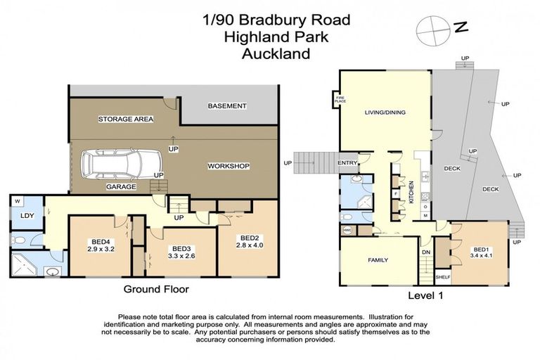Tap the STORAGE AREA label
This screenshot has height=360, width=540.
click(x=125, y=119)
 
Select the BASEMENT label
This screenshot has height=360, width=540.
click(x=227, y=106)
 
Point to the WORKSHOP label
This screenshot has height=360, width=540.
click(x=229, y=166)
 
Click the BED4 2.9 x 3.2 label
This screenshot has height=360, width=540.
click(x=101, y=244)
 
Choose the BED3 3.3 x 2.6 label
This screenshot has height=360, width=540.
click(x=172, y=252)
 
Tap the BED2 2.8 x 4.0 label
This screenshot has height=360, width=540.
click(x=250, y=242)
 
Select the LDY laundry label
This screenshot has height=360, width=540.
click(x=27, y=217)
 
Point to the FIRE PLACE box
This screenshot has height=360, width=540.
click(x=340, y=100)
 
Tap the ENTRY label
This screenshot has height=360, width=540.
click(x=347, y=163)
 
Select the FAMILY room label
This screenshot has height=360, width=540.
click(x=378, y=259)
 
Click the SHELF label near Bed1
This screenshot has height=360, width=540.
click(x=443, y=278)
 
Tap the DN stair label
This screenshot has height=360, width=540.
click(x=425, y=252)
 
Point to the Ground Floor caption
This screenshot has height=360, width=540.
click(x=156, y=288)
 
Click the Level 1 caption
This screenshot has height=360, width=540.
click(x=426, y=295)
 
